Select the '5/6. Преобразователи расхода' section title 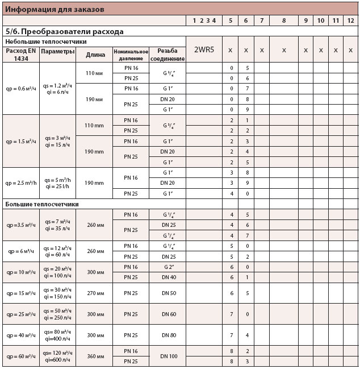(64, 32)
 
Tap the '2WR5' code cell (204, 50)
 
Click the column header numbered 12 (350, 20)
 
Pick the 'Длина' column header (95, 55)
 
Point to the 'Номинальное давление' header (131, 55)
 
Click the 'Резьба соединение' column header (168, 55)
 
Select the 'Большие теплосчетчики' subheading (41, 204)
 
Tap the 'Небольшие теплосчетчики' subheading (45, 42)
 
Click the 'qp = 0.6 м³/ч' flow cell (21, 88)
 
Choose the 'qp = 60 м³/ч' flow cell (21, 356)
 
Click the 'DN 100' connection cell (168, 356)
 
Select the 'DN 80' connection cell (168, 335)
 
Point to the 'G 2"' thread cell (168, 267)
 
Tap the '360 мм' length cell (95, 356)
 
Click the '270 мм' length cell (95, 293)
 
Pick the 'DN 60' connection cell (168, 314)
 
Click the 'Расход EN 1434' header (21, 55)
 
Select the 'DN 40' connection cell (168, 277)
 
